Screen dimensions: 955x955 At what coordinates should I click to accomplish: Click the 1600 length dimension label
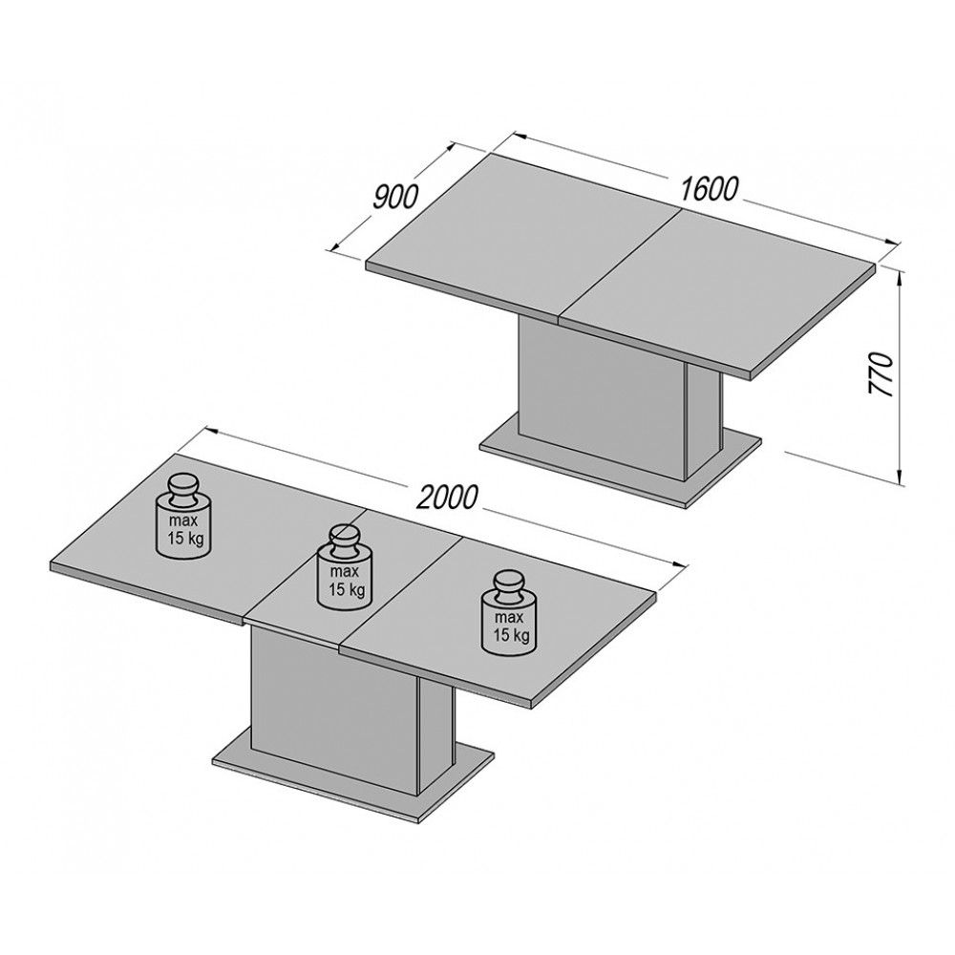(708, 189)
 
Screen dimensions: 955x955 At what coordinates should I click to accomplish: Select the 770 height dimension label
(881, 374)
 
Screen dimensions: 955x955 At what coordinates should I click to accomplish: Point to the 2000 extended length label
(447, 498)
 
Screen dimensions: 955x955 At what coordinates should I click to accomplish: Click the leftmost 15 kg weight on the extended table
(182, 517)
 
